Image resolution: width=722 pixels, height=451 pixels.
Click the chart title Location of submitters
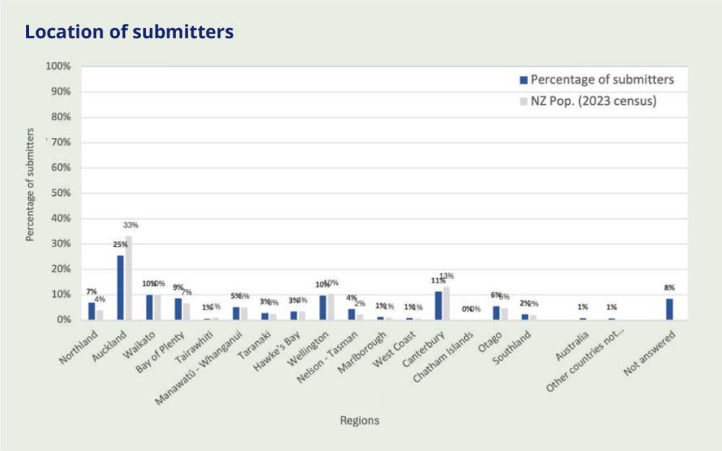(129, 33)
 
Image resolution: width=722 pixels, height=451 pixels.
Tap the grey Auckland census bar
(128, 278)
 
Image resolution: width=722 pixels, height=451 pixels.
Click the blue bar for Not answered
(669, 309)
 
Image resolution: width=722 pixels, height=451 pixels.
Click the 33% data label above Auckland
(131, 225)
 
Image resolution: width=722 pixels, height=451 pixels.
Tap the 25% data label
(119, 245)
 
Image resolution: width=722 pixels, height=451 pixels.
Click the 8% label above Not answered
(669, 288)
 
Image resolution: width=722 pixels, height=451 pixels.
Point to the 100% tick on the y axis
(58, 66)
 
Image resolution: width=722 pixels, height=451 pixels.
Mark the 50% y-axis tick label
(60, 193)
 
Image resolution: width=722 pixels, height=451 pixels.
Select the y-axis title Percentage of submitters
(30, 184)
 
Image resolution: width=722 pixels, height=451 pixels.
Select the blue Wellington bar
(323, 307)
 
